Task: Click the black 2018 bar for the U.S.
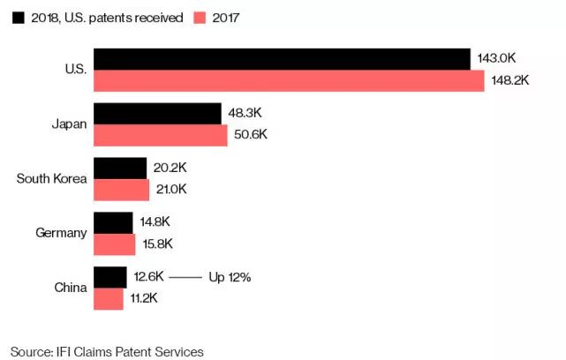click(x=282, y=59)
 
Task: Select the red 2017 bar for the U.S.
click(x=289, y=80)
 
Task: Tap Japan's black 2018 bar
click(x=157, y=114)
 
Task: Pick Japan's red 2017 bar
click(x=161, y=135)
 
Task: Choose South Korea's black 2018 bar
click(x=120, y=168)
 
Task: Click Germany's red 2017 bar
click(x=115, y=244)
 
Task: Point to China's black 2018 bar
click(x=110, y=277)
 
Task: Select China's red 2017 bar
click(x=109, y=298)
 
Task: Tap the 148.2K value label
click(x=509, y=80)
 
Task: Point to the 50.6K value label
click(x=252, y=135)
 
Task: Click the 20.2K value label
click(x=170, y=168)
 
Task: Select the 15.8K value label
click(x=156, y=244)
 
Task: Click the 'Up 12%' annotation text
click(x=230, y=277)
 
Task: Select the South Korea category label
click(x=52, y=179)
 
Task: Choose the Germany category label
click(x=61, y=233)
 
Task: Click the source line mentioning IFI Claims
click(x=107, y=351)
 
